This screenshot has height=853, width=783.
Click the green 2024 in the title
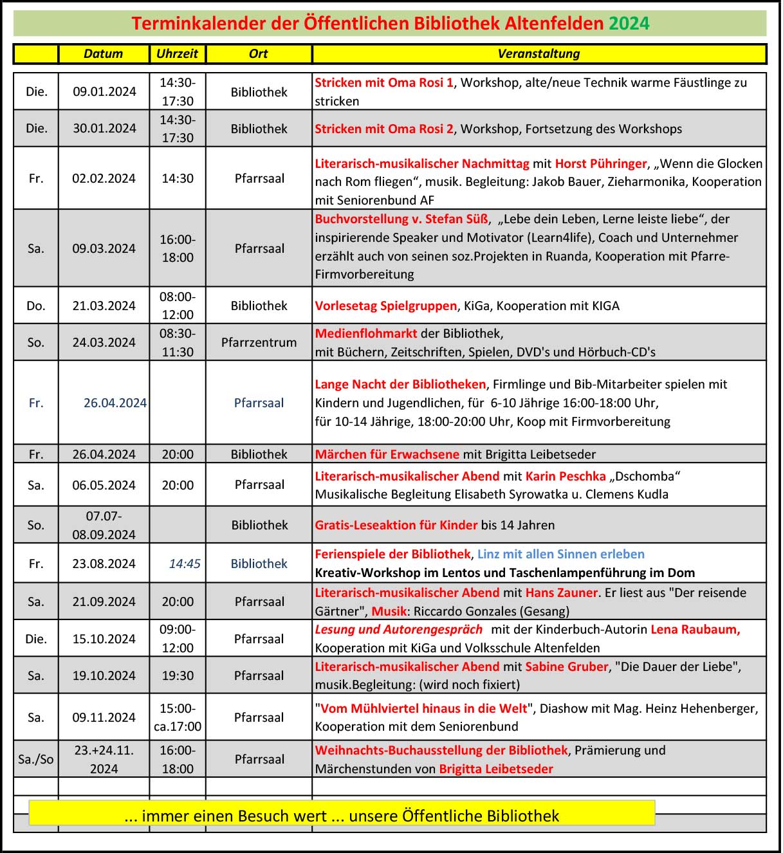tap(629, 24)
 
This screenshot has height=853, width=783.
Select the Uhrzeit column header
tap(178, 54)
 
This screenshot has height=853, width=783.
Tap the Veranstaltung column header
tap(539, 54)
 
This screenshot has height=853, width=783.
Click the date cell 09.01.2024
tap(104, 91)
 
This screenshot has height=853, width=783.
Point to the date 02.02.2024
tap(104, 178)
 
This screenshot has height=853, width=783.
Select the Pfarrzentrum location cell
tap(259, 342)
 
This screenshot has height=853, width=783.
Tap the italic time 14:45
tap(185, 564)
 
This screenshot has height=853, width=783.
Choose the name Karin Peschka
tap(566, 476)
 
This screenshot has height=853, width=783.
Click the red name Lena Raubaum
tap(695, 629)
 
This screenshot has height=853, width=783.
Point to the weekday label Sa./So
tap(36, 759)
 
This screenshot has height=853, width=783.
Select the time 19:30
tap(178, 675)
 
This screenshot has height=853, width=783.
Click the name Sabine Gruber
tap(566, 666)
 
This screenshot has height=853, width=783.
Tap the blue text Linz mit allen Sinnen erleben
tap(560, 554)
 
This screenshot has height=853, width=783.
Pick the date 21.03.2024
tap(104, 306)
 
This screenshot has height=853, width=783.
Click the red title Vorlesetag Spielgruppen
tap(385, 306)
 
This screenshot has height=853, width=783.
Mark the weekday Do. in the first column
tap(36, 306)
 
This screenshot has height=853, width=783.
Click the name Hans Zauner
tap(562, 592)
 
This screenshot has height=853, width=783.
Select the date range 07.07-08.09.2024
tap(104, 525)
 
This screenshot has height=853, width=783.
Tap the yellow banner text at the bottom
tap(342, 816)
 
